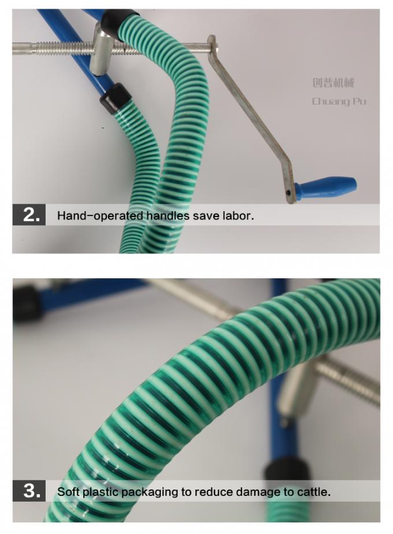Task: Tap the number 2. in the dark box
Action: pos(32,215)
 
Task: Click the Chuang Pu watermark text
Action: pos(339,101)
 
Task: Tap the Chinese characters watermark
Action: pos(333,83)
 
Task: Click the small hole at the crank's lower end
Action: pos(289,192)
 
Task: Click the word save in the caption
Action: pos(206,216)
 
